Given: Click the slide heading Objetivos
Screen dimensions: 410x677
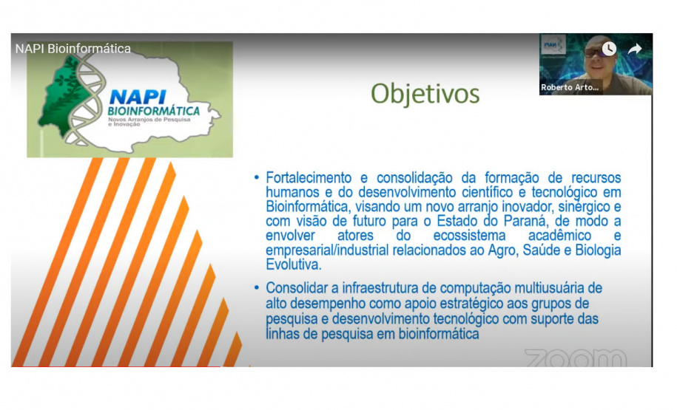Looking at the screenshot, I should click(425, 95).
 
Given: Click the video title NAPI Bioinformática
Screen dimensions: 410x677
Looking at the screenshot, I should click(73, 49).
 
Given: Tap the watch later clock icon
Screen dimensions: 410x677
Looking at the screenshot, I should click(608, 49).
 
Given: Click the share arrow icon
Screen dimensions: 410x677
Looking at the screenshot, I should click(634, 49).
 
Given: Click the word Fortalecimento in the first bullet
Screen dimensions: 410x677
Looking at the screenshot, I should click(307, 178).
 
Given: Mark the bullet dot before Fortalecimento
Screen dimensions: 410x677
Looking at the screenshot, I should click(256, 178).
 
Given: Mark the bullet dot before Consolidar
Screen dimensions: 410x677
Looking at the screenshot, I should click(256, 287).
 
